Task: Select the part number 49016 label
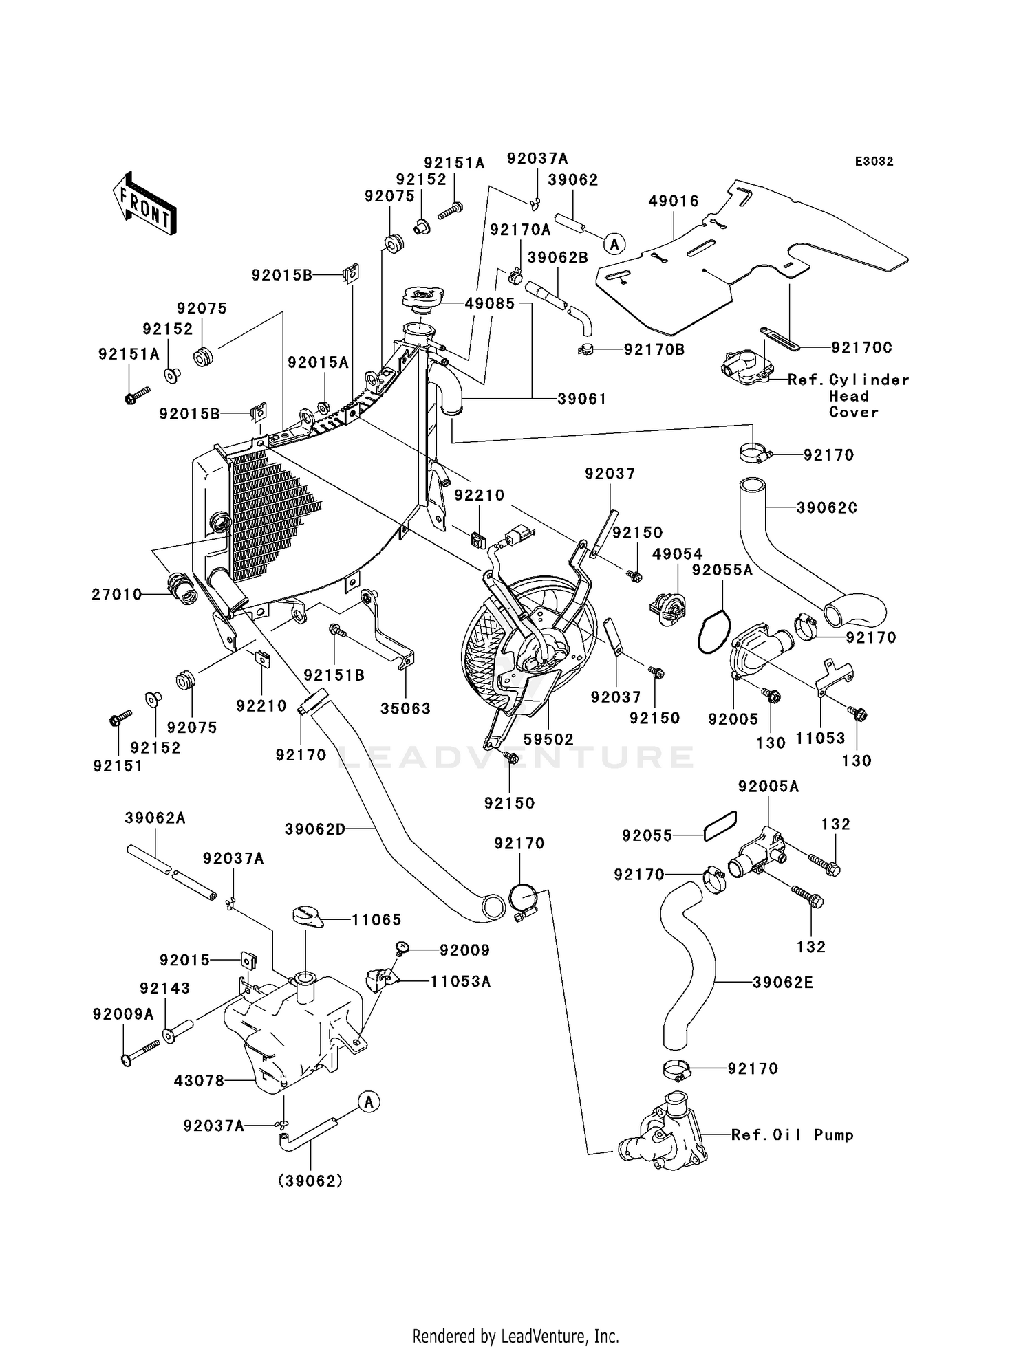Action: tap(674, 201)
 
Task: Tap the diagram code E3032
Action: tap(874, 162)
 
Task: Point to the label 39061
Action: tap(582, 399)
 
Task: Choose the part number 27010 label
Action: tap(117, 594)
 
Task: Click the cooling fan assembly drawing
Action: tap(526, 643)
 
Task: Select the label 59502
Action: tap(548, 739)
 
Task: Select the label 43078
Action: tap(200, 1081)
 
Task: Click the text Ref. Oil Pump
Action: tap(793, 1135)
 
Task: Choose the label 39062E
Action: tap(783, 983)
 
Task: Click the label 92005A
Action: tap(768, 786)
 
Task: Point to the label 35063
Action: tap(406, 708)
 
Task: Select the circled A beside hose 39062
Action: tap(615, 243)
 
